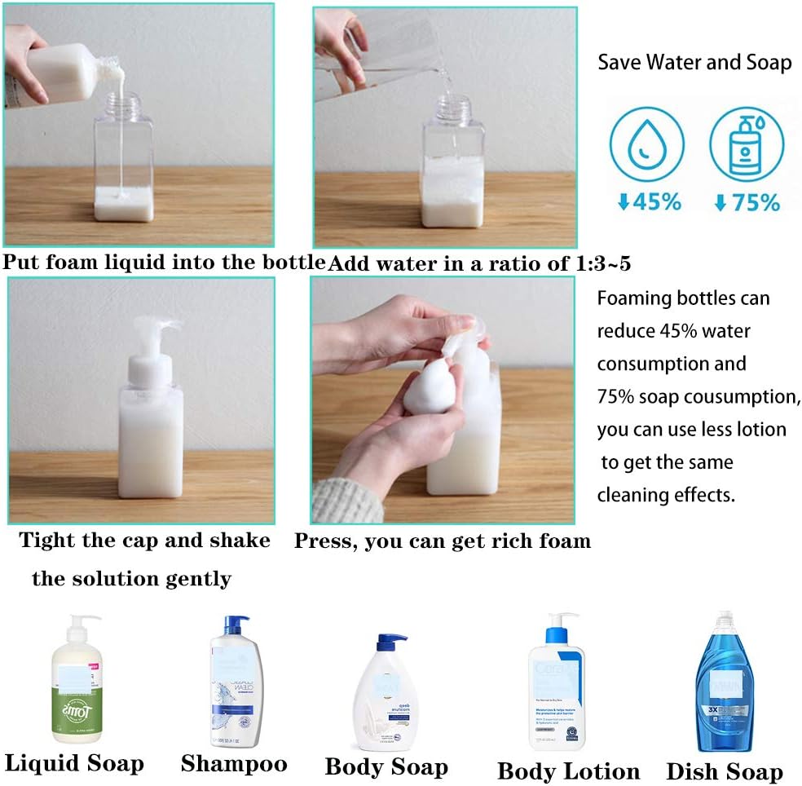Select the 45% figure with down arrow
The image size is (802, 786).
pyautogui.click(x=650, y=201)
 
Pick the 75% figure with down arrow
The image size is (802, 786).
pyautogui.click(x=746, y=202)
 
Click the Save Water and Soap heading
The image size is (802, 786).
pyautogui.click(x=694, y=63)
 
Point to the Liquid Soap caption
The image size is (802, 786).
pyautogui.click(x=74, y=763)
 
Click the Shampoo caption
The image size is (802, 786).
pyautogui.click(x=234, y=763)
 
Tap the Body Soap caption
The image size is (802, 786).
pyautogui.click(x=386, y=766)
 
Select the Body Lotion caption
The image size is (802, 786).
pyautogui.click(x=568, y=771)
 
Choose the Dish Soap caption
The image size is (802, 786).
pyautogui.click(x=724, y=771)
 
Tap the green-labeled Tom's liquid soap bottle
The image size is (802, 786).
pyautogui.click(x=77, y=681)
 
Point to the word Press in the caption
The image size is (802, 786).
pyautogui.click(x=322, y=541)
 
